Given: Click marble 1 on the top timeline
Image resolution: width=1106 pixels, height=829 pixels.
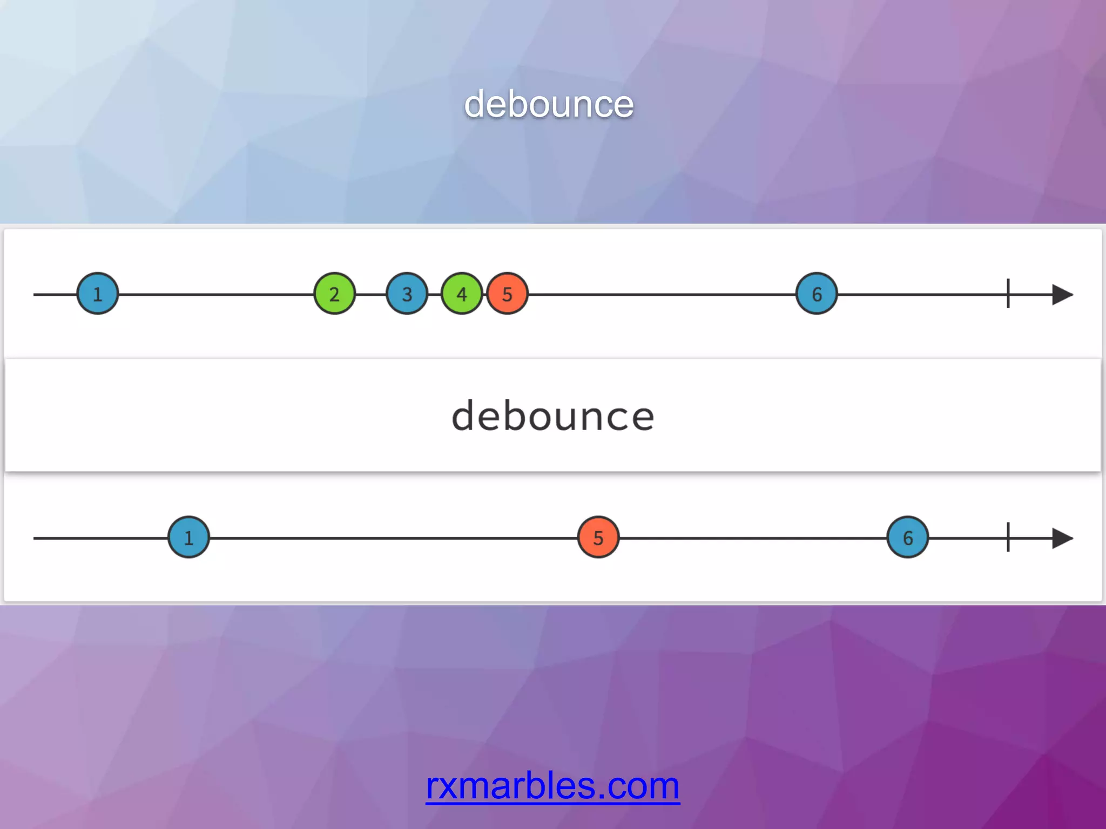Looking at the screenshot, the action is (x=98, y=294).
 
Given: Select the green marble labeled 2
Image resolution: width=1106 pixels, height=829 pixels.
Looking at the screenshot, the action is (x=335, y=294).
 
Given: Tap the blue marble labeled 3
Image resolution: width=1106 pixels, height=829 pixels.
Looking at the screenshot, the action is (x=407, y=294).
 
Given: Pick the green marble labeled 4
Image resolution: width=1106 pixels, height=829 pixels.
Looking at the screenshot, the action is (x=462, y=294).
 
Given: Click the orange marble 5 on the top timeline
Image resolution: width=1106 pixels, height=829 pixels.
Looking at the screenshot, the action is (x=508, y=294).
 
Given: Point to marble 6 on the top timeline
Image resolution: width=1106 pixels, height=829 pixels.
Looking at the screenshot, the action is (x=817, y=294).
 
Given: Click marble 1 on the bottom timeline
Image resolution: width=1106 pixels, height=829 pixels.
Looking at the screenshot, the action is (x=188, y=538).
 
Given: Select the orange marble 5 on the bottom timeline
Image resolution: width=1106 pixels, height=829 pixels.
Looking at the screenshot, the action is (x=598, y=538).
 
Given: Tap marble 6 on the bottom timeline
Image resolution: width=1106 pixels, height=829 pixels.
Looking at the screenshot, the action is (x=908, y=538).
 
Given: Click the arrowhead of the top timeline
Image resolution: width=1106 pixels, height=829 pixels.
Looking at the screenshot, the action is (x=1062, y=295).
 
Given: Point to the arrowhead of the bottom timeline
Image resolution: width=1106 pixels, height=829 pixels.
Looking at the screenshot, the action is (x=1062, y=538).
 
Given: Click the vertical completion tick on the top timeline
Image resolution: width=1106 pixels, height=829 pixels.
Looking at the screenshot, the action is (x=1008, y=294).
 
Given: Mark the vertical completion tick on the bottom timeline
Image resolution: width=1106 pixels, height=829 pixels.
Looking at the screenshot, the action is (x=1008, y=537).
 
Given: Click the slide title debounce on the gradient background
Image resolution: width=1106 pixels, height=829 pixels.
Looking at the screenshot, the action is (x=549, y=104).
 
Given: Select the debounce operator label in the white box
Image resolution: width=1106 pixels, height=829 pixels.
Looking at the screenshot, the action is (x=553, y=416).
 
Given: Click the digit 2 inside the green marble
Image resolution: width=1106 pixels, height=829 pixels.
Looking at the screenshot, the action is (x=335, y=295).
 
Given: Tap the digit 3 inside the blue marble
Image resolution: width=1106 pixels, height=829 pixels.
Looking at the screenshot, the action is (x=407, y=295).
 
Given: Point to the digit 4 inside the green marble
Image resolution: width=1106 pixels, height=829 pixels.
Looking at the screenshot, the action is (x=462, y=295).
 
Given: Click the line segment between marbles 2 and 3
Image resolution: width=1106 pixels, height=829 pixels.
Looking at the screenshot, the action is (x=371, y=295).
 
